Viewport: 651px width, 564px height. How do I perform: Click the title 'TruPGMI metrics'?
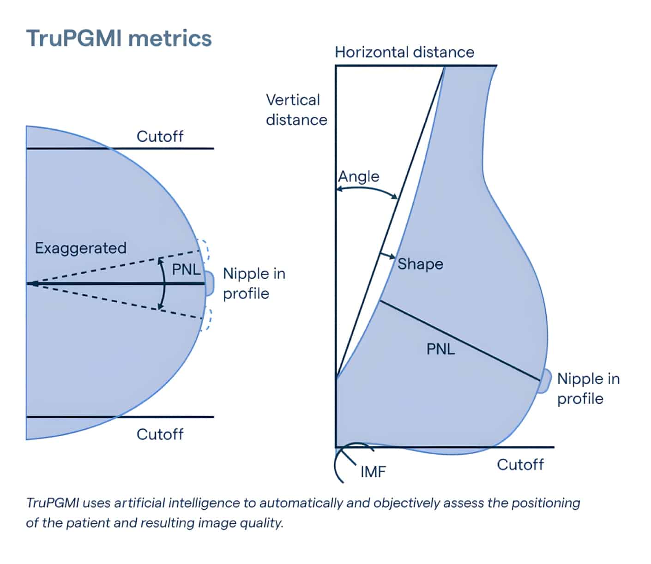[x=119, y=38]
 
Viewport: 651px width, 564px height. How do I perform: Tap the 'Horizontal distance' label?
[x=404, y=52]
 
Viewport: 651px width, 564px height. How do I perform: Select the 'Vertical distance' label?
[x=296, y=110]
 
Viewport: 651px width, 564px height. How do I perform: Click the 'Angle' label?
[x=358, y=176]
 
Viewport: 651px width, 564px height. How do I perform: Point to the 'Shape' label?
[x=420, y=264]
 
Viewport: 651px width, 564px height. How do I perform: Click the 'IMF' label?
[x=373, y=472]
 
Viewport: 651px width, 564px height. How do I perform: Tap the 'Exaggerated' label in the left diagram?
[x=80, y=248]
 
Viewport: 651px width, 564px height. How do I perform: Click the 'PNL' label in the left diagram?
[x=186, y=269]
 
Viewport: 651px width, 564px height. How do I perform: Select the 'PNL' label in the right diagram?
[x=440, y=349]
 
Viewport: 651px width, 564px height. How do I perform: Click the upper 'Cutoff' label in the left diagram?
[x=160, y=136]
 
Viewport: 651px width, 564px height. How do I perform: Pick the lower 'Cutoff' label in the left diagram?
[x=160, y=434]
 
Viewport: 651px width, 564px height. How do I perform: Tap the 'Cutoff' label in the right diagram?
[x=520, y=464]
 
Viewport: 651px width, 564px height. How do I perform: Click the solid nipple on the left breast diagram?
[x=210, y=283]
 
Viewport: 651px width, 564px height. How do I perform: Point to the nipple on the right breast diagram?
[x=545, y=381]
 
